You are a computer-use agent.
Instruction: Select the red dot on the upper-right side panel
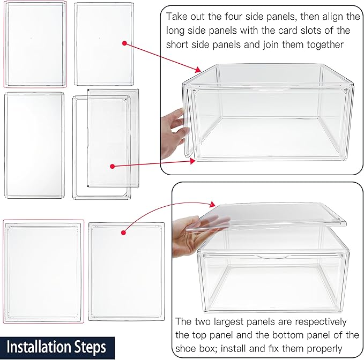pos(124,43)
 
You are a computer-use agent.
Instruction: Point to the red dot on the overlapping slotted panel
pos(112,167)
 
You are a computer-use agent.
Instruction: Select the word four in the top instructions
pos(243,17)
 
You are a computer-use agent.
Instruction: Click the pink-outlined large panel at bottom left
pos(43,271)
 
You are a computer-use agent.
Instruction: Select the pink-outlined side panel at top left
pos(35,44)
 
